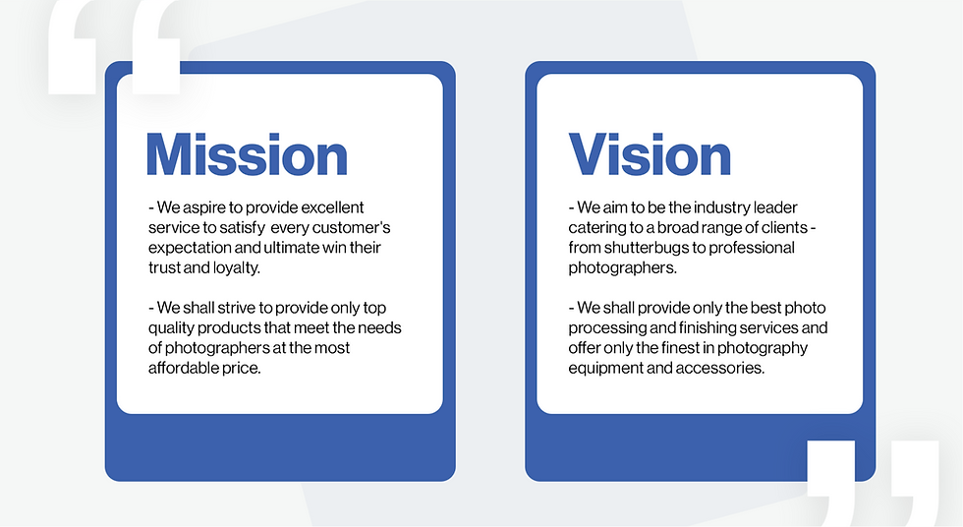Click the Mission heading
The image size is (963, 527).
pos(247,154)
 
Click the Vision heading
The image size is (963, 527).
pos(650,154)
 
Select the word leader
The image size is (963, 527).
pos(775,207)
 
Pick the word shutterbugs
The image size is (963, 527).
pos(647,248)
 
